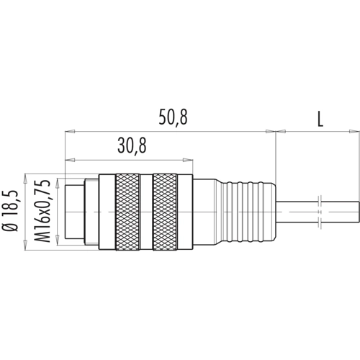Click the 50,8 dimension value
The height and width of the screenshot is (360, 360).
click(x=173, y=117)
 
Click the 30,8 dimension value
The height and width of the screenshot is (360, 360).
click(x=132, y=145)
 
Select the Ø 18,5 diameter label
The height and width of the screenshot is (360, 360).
click(x=10, y=212)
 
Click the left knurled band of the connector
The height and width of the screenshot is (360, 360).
click(x=127, y=212)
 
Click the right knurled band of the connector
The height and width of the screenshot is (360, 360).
click(x=166, y=212)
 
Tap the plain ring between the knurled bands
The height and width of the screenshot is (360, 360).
click(x=146, y=212)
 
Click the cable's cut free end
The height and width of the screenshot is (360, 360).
click(x=359, y=212)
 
